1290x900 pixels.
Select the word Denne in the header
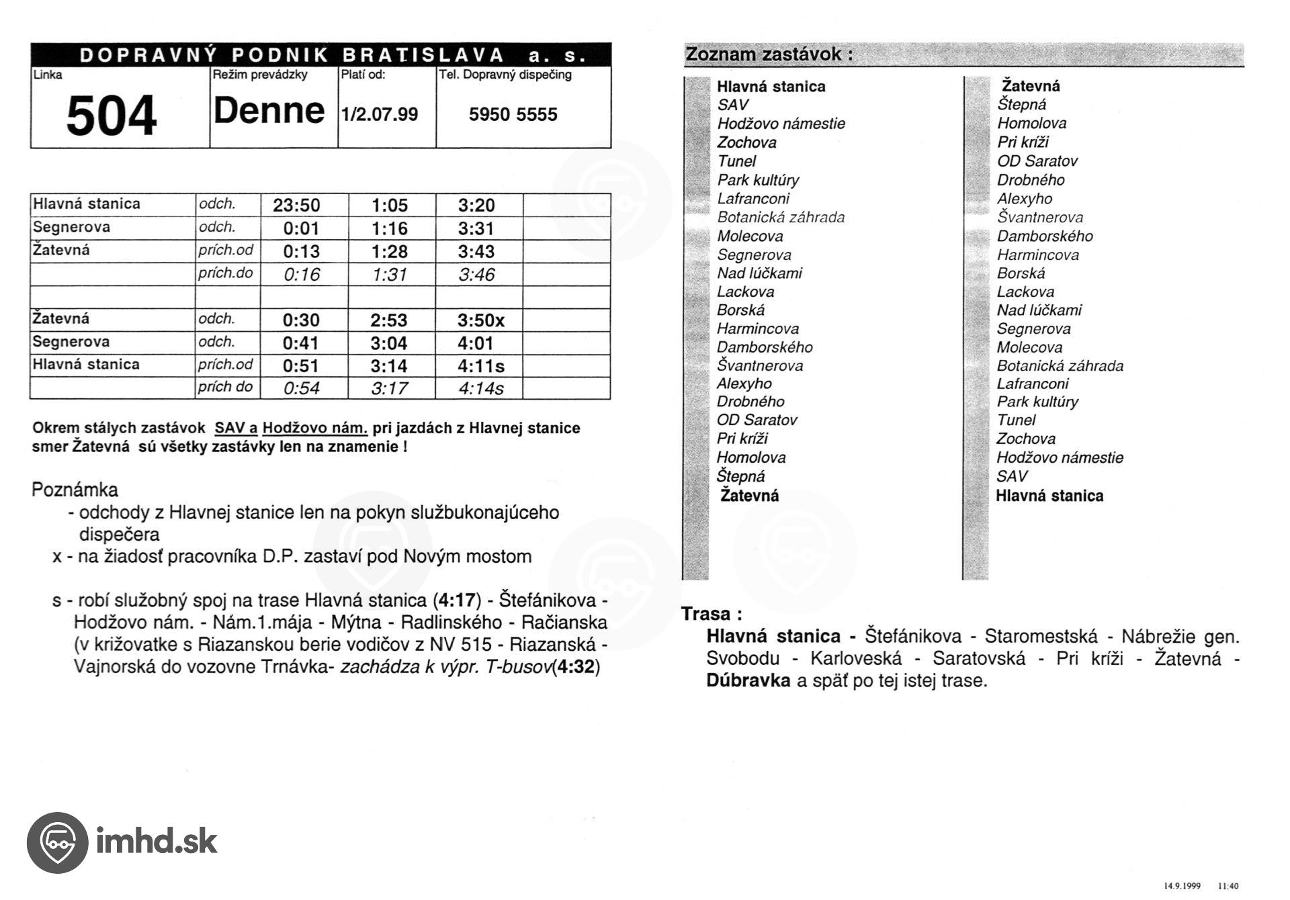269,111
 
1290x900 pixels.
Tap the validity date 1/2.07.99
380,114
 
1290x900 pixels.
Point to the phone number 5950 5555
513,115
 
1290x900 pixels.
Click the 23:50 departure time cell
296,206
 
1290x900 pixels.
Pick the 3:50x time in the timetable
481,320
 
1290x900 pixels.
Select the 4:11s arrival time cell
481,366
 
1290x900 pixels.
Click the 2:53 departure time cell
389,320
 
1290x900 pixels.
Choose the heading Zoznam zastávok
768,54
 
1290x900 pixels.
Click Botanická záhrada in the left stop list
781,217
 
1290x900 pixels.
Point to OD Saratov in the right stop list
1037,161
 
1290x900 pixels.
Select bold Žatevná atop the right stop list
1031,86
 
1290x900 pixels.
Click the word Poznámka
75,490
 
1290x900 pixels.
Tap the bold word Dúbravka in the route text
748,680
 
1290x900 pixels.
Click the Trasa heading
711,614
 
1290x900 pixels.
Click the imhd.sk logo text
157,842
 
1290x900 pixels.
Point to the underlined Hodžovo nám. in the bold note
315,429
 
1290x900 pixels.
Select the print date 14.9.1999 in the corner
1182,886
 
